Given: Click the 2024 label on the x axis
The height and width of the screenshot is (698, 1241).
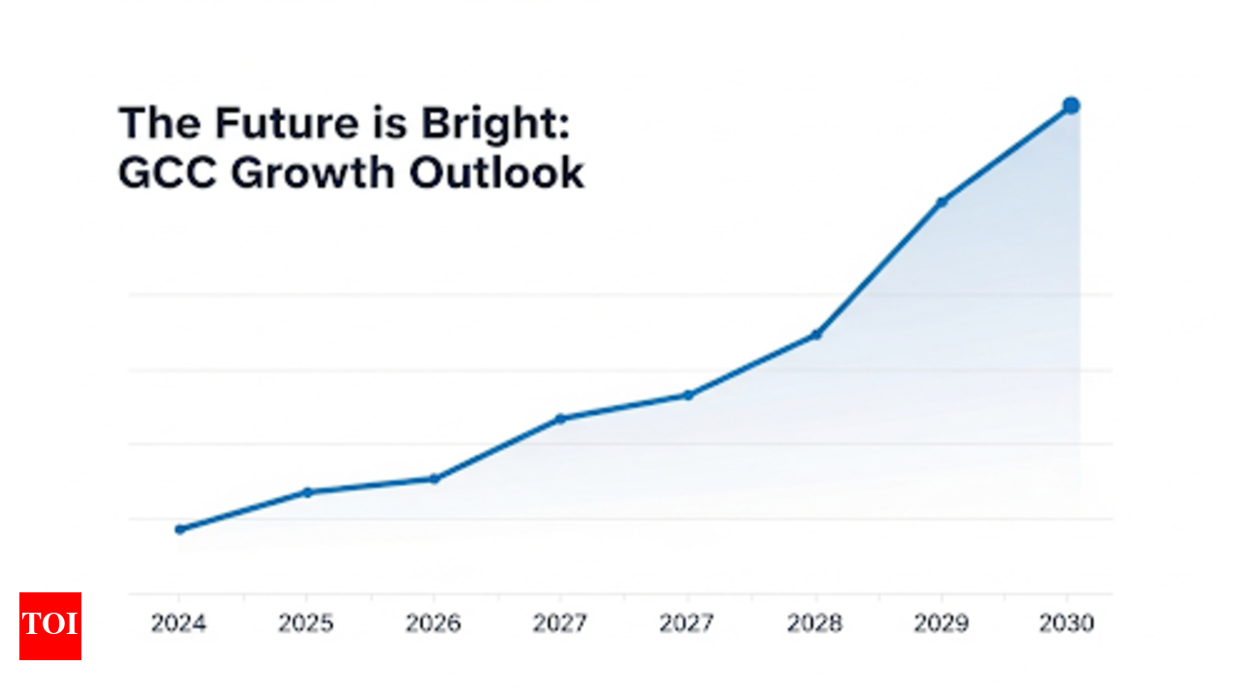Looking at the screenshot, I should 178,623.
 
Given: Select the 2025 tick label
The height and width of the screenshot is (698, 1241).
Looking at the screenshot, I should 306,623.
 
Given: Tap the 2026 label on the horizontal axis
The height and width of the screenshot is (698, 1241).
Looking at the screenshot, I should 433,623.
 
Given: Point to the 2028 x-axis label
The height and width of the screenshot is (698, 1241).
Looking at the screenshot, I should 815,623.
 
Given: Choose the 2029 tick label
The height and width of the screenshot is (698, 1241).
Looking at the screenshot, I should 940,623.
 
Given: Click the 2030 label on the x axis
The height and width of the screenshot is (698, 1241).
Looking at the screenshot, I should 1066,623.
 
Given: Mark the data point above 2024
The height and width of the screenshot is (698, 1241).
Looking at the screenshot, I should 179,529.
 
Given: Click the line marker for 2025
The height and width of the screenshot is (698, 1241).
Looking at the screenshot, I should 307,492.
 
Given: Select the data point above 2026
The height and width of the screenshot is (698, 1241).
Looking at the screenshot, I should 434,479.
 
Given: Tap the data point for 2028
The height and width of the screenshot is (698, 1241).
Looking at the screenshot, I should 816,334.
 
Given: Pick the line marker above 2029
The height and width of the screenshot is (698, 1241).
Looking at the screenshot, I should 941,202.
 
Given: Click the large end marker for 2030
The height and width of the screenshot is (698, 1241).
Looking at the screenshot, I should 1070,106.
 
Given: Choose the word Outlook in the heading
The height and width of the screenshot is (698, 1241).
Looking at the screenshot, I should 496,174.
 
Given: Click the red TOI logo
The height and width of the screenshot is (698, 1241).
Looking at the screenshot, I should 50,626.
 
